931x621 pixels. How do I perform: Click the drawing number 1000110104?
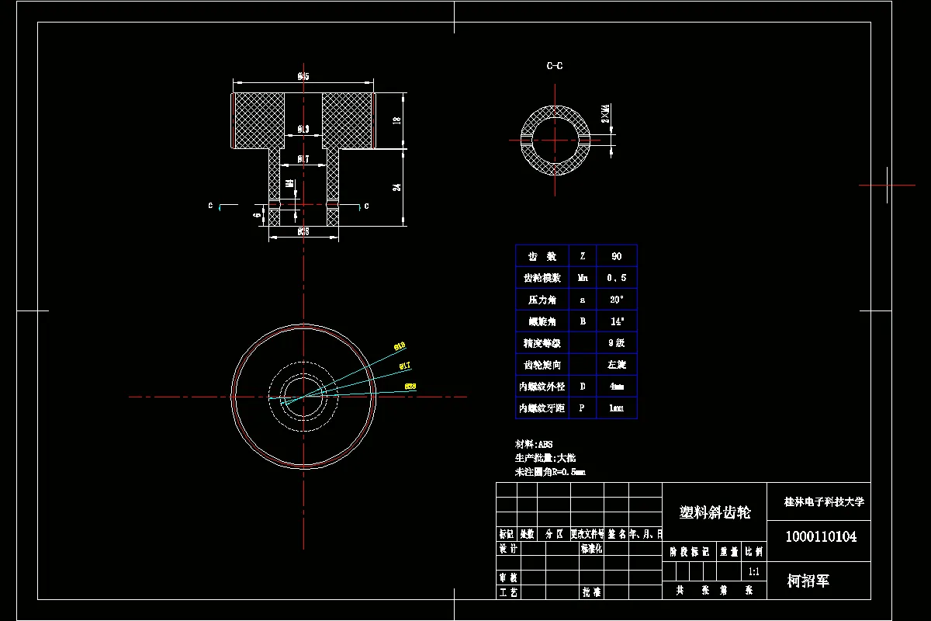(821, 536)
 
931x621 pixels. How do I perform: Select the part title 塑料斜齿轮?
(715, 512)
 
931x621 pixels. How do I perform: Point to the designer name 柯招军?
(808, 581)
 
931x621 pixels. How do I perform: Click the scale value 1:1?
(753, 571)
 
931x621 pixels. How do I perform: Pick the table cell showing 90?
(616, 256)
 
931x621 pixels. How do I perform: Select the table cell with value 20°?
(616, 300)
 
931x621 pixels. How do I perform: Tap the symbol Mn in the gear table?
(583, 278)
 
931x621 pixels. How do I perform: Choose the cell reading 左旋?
(616, 364)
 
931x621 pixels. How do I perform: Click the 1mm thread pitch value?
(616, 408)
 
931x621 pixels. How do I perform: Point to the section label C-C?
(554, 66)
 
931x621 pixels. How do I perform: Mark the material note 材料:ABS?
(534, 445)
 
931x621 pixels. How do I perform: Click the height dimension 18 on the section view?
(396, 121)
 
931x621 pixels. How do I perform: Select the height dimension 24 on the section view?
(396, 187)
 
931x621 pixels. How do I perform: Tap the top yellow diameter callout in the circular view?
(400, 345)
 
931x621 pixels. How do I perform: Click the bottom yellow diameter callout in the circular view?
(411, 386)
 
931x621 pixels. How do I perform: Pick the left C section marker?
(210, 206)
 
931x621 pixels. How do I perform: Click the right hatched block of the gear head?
(348, 120)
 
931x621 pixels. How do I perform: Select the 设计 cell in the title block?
(508, 548)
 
